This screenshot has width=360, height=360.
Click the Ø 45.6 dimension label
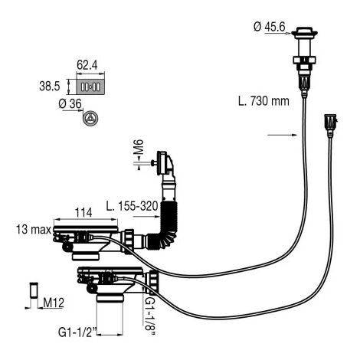(x=270, y=27)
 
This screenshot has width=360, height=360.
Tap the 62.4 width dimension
(x=87, y=65)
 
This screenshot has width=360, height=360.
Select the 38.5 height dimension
(x=50, y=86)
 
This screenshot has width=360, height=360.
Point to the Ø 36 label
(x=70, y=104)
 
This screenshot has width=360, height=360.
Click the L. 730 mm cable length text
(x=263, y=101)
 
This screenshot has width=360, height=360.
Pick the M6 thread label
(x=139, y=147)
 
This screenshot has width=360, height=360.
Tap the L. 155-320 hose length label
(x=133, y=206)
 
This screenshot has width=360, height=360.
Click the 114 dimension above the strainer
(x=83, y=212)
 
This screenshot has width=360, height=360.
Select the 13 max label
(x=34, y=230)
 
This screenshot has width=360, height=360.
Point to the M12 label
(x=54, y=303)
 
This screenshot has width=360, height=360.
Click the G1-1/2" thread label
(x=77, y=332)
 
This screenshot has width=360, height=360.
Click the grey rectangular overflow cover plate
(x=90, y=87)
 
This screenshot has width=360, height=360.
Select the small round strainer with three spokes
(x=90, y=119)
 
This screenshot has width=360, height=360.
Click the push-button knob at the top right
(x=304, y=32)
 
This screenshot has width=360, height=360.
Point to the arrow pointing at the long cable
(x=283, y=135)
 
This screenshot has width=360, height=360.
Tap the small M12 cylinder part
(x=34, y=290)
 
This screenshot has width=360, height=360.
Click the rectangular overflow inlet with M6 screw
(x=163, y=163)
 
